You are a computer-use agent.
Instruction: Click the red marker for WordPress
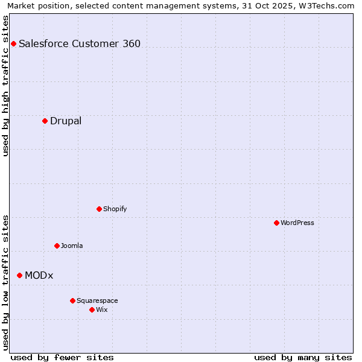click(x=276, y=223)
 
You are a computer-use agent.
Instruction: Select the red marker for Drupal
click(x=45, y=121)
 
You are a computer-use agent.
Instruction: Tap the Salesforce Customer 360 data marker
click(x=13, y=43)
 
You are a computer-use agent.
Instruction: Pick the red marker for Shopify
click(x=99, y=209)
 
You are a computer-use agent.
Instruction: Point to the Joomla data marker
click(x=57, y=246)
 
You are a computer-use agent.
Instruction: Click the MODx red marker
click(x=19, y=275)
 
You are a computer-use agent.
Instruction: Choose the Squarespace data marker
click(x=72, y=300)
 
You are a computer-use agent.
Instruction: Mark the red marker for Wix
click(x=92, y=310)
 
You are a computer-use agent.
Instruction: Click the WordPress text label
click(x=297, y=223)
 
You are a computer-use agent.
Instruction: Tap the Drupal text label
click(x=66, y=121)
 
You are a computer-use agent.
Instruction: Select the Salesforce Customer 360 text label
click(x=80, y=43)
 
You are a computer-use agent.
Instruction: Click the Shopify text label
click(x=115, y=209)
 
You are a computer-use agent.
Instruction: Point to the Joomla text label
click(x=72, y=246)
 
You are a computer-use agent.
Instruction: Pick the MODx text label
click(x=39, y=275)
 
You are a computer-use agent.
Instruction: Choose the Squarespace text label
click(x=97, y=300)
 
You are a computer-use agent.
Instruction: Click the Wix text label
click(x=101, y=310)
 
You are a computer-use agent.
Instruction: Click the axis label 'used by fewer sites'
click(x=62, y=357)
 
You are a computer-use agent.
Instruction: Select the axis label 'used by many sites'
click(x=303, y=357)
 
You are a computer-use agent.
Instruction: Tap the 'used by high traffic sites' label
click(x=6, y=86)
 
